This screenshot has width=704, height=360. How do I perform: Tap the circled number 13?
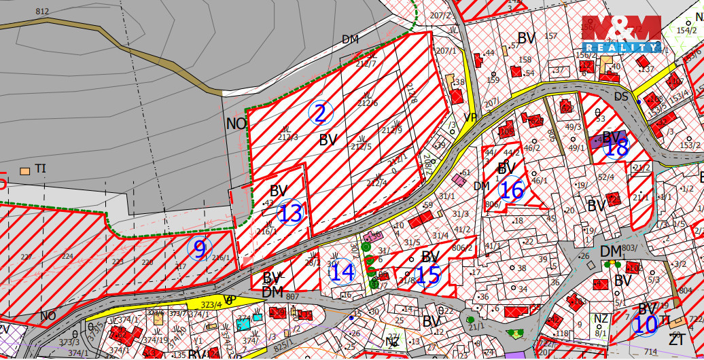coord(291,213)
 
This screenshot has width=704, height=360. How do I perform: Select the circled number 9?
coord(200,249)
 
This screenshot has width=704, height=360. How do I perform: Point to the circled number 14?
coord(342,272)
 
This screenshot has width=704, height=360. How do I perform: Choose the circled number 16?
coord(512,190)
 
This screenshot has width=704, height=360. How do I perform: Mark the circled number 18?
coord(616,147)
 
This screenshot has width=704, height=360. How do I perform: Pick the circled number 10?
coord(645,324)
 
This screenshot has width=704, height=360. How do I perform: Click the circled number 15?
coord(428,275)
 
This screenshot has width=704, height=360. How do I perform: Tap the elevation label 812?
coord(42,12)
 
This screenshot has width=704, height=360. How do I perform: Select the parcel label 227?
coord(27,257)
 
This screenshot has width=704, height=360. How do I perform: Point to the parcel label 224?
coord(67,257)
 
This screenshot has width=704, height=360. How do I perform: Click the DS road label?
coord(621,96)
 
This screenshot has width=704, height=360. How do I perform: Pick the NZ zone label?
coord(601,318)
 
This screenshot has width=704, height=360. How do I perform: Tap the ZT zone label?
coord(676,339)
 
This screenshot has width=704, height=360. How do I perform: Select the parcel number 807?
coord(293,296)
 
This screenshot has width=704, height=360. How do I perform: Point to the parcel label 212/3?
coord(289,137)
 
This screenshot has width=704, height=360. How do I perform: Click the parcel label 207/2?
coord(440,15)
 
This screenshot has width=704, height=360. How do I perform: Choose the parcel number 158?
coord(525,60)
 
